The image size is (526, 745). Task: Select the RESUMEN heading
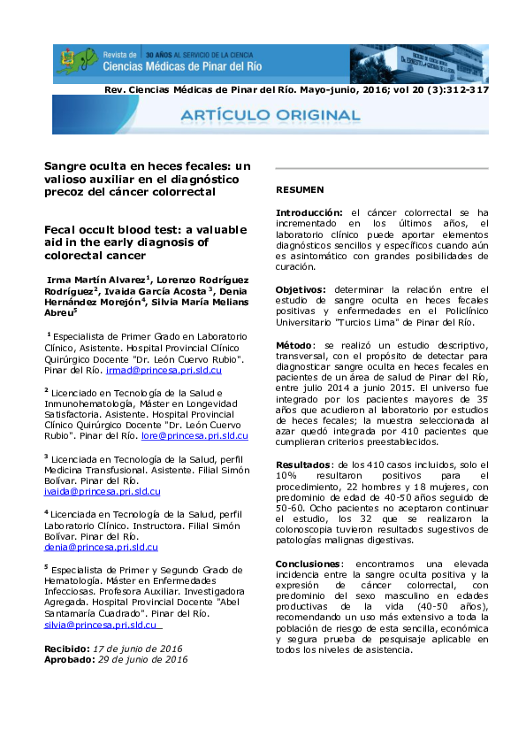click(x=300, y=189)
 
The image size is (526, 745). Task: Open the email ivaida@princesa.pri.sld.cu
click(x=103, y=490)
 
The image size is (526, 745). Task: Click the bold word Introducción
click(x=309, y=213)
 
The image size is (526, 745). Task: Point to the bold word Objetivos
click(x=300, y=289)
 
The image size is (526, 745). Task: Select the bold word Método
click(x=294, y=345)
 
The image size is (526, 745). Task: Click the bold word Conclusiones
click(x=307, y=563)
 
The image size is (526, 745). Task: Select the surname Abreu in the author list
click(x=58, y=311)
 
